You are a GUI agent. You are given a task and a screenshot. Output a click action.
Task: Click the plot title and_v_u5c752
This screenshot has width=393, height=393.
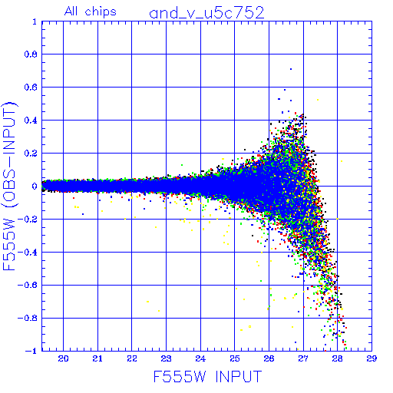(206, 13)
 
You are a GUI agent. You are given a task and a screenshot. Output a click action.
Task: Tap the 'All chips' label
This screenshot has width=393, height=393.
(91, 12)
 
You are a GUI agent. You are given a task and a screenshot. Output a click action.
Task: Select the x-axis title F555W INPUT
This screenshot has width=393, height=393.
(208, 376)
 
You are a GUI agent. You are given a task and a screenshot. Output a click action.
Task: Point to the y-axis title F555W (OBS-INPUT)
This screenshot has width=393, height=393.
(9, 186)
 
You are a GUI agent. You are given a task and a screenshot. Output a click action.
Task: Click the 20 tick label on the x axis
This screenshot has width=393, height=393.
(63, 358)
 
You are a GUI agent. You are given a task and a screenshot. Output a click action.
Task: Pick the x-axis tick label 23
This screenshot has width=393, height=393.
(166, 358)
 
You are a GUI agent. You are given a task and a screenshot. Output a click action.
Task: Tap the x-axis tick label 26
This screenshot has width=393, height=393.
(269, 358)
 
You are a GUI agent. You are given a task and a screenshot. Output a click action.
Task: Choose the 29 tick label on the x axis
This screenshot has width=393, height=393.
(372, 358)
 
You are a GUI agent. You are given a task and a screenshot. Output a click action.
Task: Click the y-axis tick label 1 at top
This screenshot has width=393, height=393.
(35, 21)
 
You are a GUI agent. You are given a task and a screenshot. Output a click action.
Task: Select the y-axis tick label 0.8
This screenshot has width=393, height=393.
(31, 54)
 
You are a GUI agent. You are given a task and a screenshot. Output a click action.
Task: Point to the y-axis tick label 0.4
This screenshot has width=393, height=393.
(31, 121)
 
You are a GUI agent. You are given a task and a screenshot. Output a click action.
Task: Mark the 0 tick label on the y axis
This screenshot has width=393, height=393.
(35, 187)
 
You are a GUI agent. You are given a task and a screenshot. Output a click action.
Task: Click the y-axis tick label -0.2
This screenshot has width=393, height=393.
(28, 220)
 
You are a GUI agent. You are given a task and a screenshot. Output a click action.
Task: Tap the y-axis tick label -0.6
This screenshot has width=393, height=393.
(28, 285)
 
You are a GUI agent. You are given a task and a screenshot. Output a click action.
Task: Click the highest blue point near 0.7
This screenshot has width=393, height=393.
(291, 69)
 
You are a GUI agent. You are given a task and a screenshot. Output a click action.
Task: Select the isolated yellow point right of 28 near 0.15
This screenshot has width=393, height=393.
(342, 161)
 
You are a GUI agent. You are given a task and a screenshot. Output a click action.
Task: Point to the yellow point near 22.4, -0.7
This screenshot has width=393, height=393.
(147, 302)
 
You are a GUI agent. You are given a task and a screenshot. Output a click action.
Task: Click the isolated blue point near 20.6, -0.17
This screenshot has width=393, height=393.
(83, 214)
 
